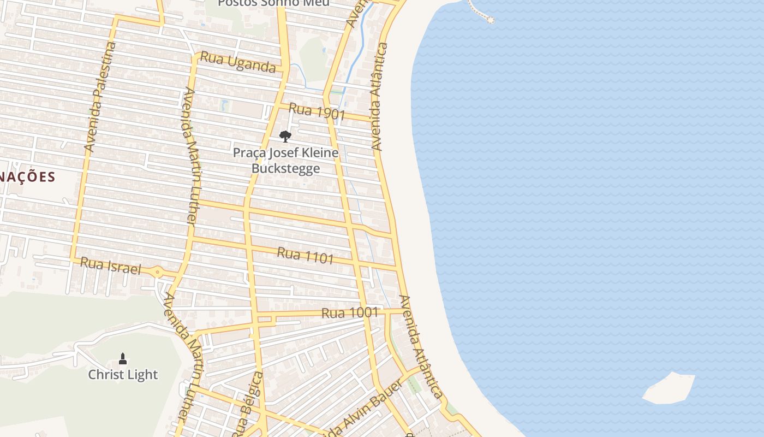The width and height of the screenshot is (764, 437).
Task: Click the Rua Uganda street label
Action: tap(238, 62)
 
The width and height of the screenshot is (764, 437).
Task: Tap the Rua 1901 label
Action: tap(317, 111)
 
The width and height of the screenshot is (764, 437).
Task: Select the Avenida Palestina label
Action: tap(100, 97)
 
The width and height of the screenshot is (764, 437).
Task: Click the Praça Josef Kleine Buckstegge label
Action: tap(285, 160)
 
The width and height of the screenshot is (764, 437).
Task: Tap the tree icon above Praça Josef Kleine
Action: tap(285, 137)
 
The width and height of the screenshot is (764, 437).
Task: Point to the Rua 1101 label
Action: tap(305, 255)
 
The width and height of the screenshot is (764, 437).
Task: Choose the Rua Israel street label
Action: tap(110, 266)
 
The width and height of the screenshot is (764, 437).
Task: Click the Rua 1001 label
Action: tap(349, 313)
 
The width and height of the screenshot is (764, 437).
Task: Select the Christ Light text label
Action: tap(123, 375)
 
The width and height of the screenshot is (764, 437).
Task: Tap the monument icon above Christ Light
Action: tap(123, 359)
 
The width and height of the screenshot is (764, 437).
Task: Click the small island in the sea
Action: tap(669, 388)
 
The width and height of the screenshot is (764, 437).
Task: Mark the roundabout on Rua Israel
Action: tap(157, 271)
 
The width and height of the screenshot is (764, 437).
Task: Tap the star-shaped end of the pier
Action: tap(491, 20)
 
